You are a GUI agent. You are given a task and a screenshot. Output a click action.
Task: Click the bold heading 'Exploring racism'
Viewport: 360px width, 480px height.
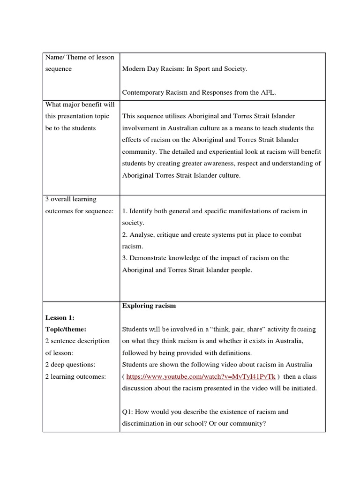coord(149,306)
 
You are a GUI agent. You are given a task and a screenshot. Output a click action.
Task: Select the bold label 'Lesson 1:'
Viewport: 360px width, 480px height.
coord(60,317)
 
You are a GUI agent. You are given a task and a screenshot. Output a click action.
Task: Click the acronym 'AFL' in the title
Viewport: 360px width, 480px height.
coord(269,93)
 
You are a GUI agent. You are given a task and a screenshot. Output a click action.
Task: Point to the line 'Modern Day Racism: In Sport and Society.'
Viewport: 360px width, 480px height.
coord(185,69)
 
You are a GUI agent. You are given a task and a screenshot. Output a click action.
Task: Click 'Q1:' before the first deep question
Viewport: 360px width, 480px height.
coord(128,412)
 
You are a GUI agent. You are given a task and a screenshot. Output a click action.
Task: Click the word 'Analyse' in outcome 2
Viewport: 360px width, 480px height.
coord(142,234)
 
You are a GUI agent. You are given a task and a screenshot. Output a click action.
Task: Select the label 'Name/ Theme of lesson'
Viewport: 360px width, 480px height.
coord(80,57)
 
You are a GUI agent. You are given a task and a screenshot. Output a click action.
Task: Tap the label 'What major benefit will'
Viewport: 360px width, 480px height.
coord(80,104)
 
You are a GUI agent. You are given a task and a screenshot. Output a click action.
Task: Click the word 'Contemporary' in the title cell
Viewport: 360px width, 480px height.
coord(143,93)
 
